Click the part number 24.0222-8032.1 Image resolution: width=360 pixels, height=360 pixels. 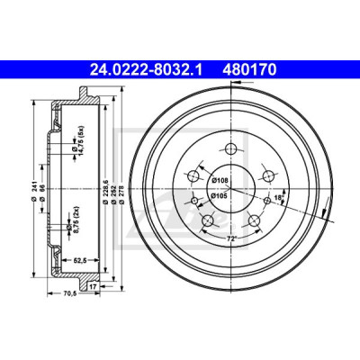tap(146, 70)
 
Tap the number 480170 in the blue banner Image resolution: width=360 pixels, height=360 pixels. tap(249, 70)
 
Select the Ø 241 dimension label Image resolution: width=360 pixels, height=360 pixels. tap(34, 191)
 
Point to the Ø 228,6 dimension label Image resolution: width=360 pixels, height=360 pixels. tap(105, 192)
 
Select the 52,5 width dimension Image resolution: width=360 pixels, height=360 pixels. tap(80, 260)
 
